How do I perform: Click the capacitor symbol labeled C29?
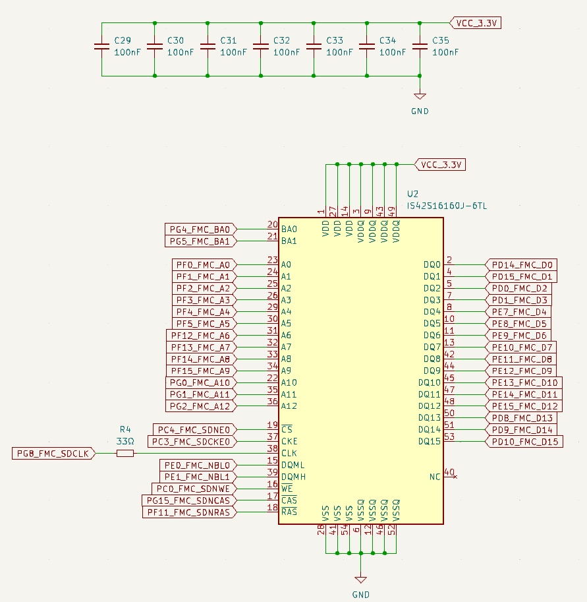(x=101, y=47)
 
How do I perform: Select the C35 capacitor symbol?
(x=419, y=47)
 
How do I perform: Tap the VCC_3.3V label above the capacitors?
(x=474, y=23)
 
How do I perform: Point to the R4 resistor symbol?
(x=125, y=453)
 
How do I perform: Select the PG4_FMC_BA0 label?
(x=199, y=229)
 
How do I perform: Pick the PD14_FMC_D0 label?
(x=522, y=264)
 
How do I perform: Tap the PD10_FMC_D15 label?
(x=524, y=441)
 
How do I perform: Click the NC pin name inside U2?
(x=435, y=476)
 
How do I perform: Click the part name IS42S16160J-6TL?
(x=447, y=206)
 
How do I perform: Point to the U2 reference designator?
(x=413, y=195)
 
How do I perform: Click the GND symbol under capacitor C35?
(x=419, y=96)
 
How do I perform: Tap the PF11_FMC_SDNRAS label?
(x=188, y=512)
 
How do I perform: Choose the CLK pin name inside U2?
(x=289, y=453)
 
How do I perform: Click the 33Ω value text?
(x=125, y=440)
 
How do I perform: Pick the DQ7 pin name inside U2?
(x=432, y=347)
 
